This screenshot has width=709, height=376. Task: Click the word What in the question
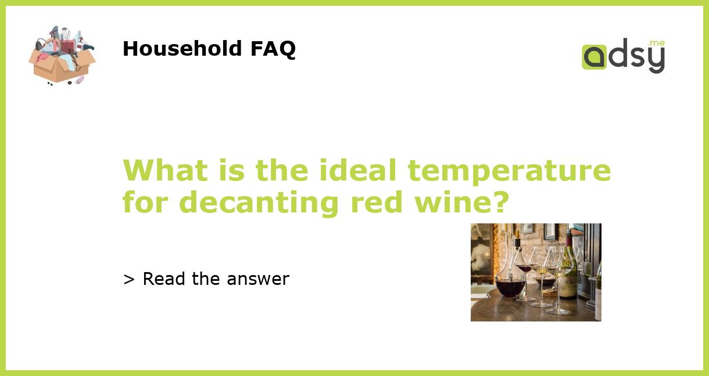coord(165,171)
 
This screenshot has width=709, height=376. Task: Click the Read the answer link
coord(206,279)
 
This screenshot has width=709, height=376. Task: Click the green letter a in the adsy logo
coord(594,57)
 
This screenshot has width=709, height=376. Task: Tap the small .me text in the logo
coord(656,44)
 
